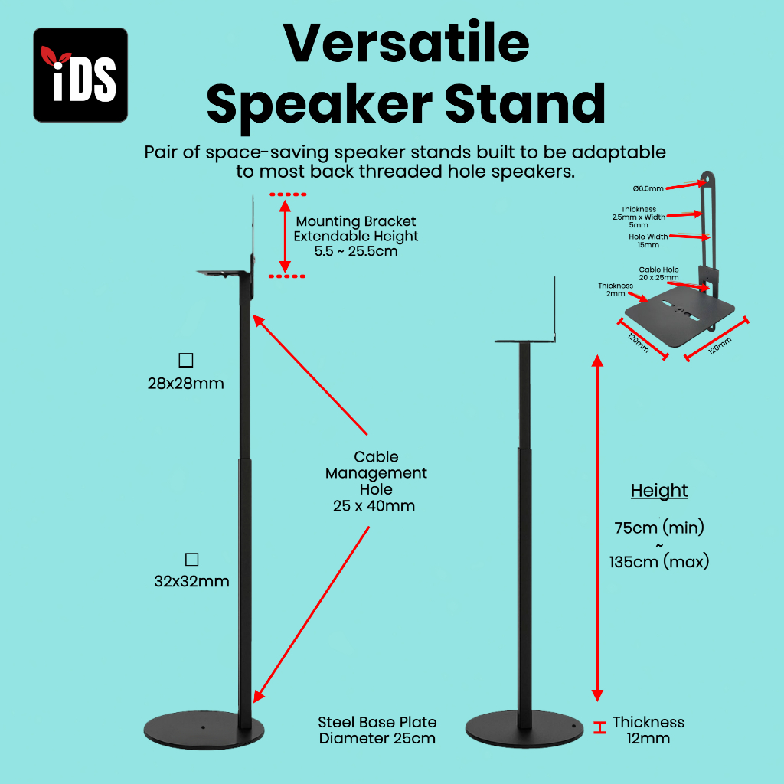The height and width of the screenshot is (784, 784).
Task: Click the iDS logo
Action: [x=80, y=75]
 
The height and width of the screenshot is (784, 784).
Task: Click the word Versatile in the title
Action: [x=406, y=43]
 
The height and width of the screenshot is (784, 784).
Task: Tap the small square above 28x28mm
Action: [x=186, y=360]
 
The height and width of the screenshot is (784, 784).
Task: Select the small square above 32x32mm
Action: [x=191, y=559]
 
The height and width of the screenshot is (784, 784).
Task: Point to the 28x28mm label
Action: [x=185, y=384]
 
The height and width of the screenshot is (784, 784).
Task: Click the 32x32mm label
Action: [x=191, y=581]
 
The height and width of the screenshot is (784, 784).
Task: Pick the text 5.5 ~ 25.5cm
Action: [x=356, y=251]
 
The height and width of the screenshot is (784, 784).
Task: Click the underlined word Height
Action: [x=659, y=491]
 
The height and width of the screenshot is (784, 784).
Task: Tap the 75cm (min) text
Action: [x=659, y=528]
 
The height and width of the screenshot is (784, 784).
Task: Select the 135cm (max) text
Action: [x=659, y=561]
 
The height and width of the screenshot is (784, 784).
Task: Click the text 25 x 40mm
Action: [x=374, y=506]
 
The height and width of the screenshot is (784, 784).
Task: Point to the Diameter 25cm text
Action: [x=377, y=739]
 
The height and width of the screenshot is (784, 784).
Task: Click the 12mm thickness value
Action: [x=648, y=739]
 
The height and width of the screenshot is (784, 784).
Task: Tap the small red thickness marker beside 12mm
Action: [x=599, y=727]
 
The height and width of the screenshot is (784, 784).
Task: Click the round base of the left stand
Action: [x=204, y=730]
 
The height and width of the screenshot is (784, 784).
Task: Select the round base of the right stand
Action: [x=524, y=729]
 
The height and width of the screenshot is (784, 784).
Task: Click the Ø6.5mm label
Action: [x=648, y=188]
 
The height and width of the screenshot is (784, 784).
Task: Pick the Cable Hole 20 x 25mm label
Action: [x=658, y=273]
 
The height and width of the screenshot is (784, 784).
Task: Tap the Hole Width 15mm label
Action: [x=648, y=240]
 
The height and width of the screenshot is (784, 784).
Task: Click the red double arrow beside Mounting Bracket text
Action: [x=285, y=236]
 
